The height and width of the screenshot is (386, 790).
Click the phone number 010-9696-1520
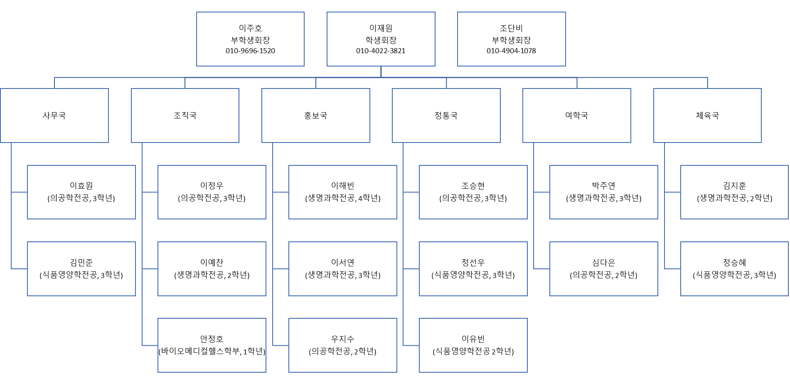click(x=250, y=51)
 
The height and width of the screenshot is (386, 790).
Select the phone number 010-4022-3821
click(x=381, y=51)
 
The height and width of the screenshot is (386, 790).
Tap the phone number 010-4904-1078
click(x=511, y=51)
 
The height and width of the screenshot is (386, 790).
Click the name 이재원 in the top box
click(x=381, y=28)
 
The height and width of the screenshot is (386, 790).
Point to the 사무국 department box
click(x=54, y=116)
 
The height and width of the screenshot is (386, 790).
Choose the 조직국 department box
click(x=185, y=116)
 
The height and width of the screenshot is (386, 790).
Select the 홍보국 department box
click(x=315, y=116)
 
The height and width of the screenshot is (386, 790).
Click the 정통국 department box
click(x=446, y=116)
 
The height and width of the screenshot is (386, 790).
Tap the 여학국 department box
click(x=576, y=116)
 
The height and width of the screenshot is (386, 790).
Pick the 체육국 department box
click(x=707, y=116)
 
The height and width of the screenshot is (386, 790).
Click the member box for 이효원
click(x=81, y=192)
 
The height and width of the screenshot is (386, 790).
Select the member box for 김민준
click(x=81, y=269)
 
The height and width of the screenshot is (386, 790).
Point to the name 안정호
click(x=212, y=339)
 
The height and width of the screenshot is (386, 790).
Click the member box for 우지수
click(x=342, y=345)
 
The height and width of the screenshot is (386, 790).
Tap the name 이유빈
click(x=473, y=339)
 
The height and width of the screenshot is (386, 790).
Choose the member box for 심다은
click(x=603, y=269)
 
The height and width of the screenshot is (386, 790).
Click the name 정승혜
click(x=734, y=263)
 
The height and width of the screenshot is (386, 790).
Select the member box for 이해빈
click(x=342, y=192)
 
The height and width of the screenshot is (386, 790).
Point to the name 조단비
click(x=511, y=28)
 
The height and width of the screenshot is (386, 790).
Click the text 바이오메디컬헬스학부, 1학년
click(x=212, y=352)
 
